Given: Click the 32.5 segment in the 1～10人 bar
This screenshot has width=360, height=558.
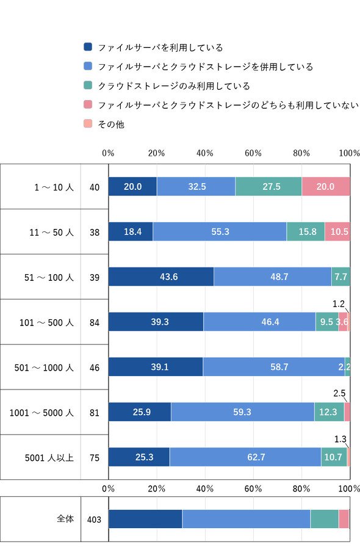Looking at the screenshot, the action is pyautogui.click(x=196, y=186).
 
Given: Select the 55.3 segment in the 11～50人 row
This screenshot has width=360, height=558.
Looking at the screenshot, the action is pyautogui.click(x=220, y=231).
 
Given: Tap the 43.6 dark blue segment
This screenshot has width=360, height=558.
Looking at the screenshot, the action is pyautogui.click(x=161, y=277).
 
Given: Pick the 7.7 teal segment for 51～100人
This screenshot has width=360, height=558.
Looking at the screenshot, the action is pyautogui.click(x=341, y=277).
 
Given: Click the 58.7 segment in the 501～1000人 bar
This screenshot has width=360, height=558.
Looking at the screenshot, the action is pyautogui.click(x=274, y=367).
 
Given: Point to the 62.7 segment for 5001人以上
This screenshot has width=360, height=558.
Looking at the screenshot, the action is pyautogui.click(x=245, y=457).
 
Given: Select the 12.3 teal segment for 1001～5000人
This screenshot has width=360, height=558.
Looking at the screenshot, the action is pyautogui.click(x=329, y=412).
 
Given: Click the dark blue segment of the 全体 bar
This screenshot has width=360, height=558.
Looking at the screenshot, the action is pyautogui.click(x=145, y=519).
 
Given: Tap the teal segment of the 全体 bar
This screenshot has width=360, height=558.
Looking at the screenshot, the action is pyautogui.click(x=325, y=519).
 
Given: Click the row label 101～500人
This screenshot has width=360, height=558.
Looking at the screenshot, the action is pyautogui.click(x=46, y=322).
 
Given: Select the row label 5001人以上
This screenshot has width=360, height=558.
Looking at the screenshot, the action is pyautogui.click(x=49, y=458).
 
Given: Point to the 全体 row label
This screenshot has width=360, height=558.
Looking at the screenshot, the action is pyautogui.click(x=65, y=518).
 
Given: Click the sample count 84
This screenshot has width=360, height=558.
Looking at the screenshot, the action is pyautogui.click(x=95, y=322).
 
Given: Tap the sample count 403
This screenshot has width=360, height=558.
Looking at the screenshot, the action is pyautogui.click(x=94, y=520).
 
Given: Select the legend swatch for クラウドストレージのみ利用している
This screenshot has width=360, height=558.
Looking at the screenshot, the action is pyautogui.click(x=88, y=85).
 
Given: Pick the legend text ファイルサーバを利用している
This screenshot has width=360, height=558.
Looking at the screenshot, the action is pyautogui.click(x=160, y=48).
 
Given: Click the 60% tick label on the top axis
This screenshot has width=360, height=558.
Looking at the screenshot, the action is pyautogui.click(x=253, y=153).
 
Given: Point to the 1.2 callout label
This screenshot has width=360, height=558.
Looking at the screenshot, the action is pyautogui.click(x=339, y=304).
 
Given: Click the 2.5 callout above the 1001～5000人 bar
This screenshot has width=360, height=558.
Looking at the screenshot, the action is pyautogui.click(x=339, y=393).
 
